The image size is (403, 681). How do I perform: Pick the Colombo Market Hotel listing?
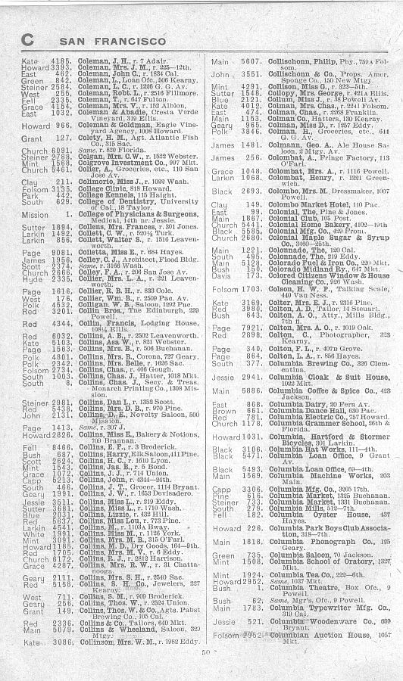[280, 204]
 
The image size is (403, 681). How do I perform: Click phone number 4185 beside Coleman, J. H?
[61, 60]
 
